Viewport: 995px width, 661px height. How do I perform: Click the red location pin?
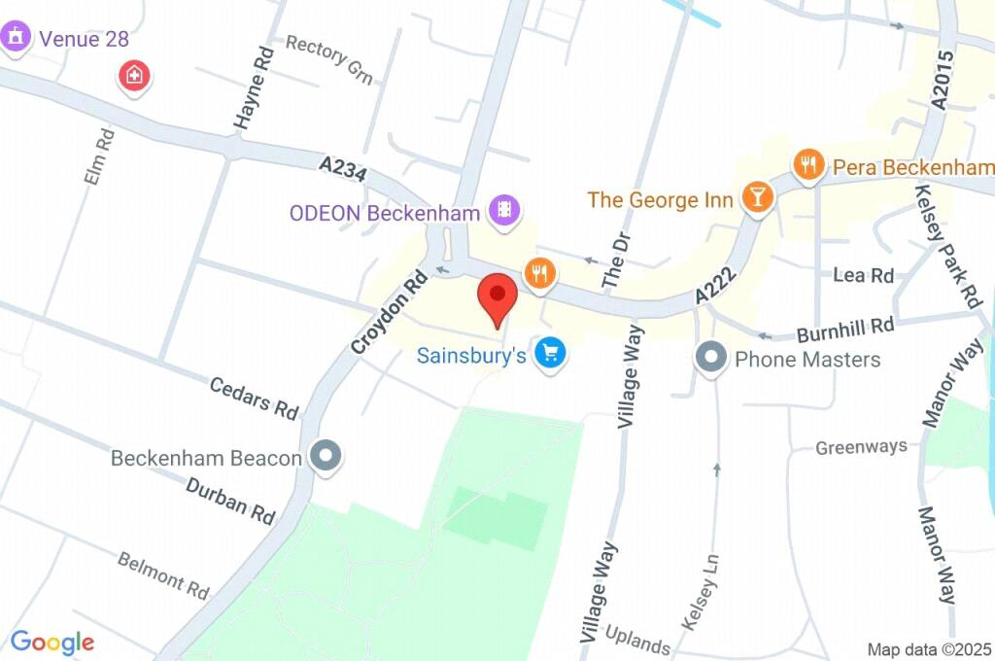pyautogui.click(x=499, y=296)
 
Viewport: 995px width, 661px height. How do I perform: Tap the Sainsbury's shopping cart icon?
pyautogui.click(x=552, y=353)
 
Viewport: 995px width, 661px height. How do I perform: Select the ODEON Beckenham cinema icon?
pyautogui.click(x=505, y=209)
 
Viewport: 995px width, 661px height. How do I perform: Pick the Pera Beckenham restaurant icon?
pyautogui.click(x=808, y=164)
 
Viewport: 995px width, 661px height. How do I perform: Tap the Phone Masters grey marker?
pyautogui.click(x=711, y=358)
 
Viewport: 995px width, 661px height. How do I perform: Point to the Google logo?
pyautogui.click(x=52, y=642)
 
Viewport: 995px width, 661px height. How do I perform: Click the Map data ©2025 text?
pyautogui.click(x=929, y=648)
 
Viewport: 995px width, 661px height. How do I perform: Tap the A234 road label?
pyautogui.click(x=343, y=169)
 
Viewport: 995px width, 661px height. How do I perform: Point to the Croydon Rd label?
pyautogui.click(x=389, y=311)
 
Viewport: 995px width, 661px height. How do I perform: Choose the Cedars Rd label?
pyautogui.click(x=254, y=398)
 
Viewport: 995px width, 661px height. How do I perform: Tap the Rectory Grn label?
pyautogui.click(x=329, y=59)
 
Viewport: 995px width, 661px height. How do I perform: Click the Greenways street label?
pyautogui.click(x=861, y=447)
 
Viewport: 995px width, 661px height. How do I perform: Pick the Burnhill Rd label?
pyautogui.click(x=844, y=330)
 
